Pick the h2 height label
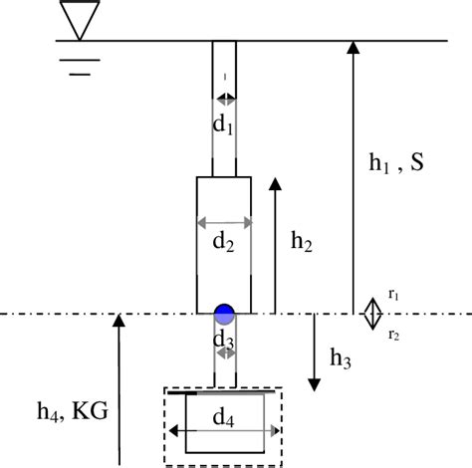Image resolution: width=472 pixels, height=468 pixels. point(304,240)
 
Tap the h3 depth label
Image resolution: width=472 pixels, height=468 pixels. point(340,356)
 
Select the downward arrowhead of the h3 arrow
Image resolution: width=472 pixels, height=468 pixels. point(315,383)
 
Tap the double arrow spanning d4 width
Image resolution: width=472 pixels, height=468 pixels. point(220,431)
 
